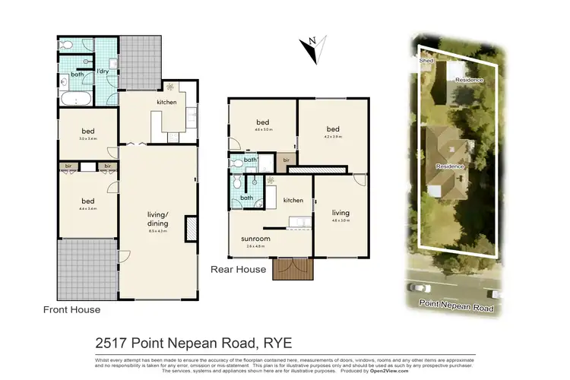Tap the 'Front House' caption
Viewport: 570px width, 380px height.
71,309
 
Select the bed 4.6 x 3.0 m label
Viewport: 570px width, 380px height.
263,123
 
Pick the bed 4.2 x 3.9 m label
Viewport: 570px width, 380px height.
332,130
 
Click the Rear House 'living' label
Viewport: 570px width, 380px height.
340,213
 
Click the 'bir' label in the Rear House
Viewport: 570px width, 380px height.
286,160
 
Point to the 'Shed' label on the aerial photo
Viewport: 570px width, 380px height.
425,59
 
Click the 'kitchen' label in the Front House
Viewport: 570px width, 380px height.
166,102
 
